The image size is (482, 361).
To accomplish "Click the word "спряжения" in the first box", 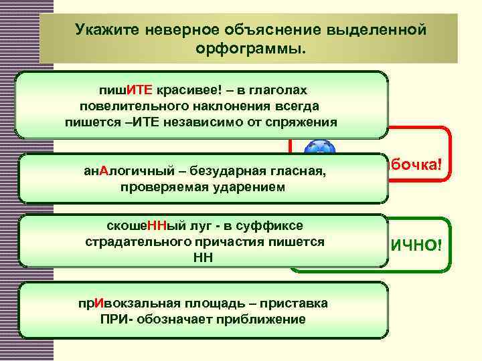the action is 304,122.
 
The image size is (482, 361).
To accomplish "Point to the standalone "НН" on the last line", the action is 204,257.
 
